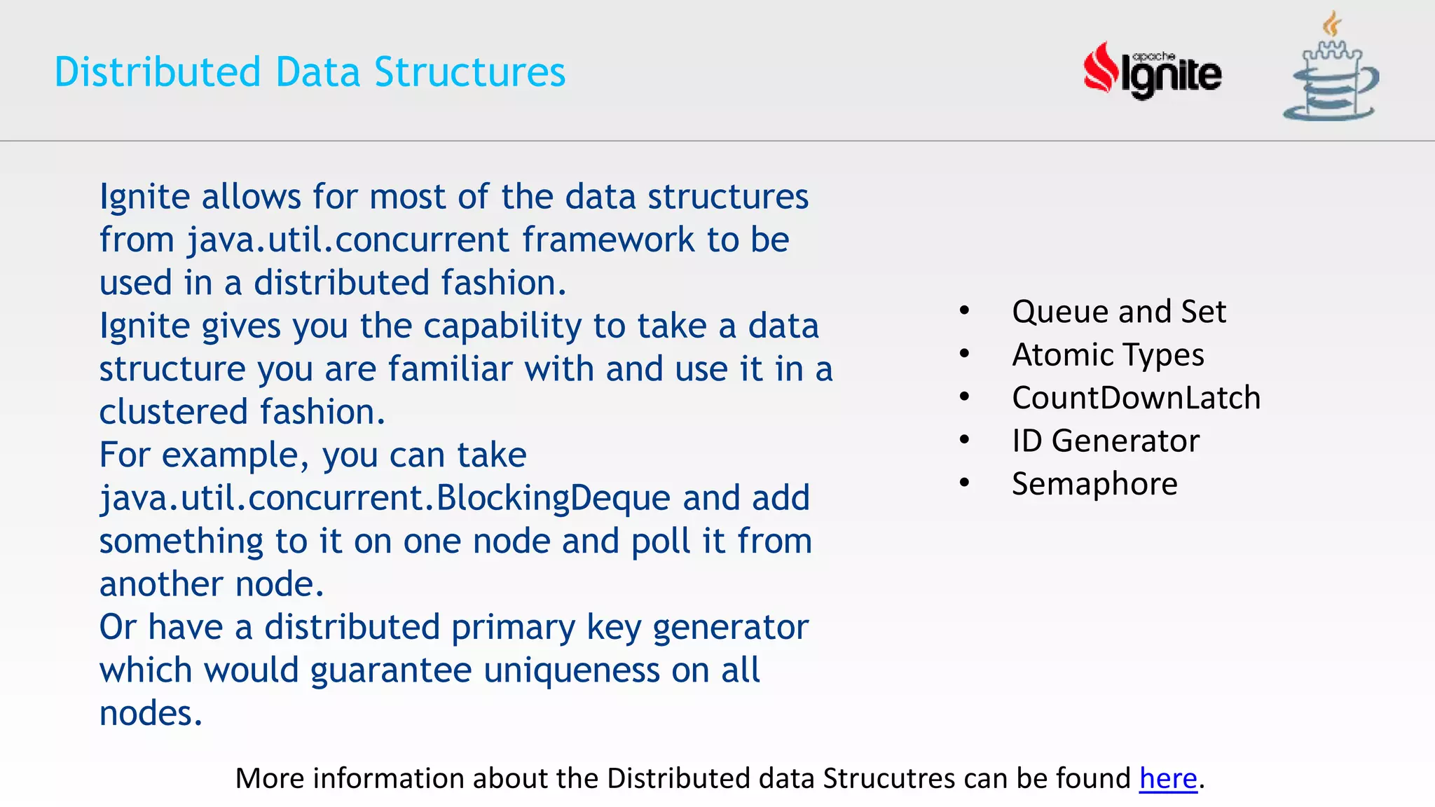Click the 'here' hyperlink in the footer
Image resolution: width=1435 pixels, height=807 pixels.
(1167, 779)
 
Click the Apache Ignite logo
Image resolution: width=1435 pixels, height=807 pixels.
(1153, 71)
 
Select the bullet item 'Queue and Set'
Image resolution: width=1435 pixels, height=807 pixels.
(1118, 312)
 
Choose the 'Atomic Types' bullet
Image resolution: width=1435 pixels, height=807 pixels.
(1107, 355)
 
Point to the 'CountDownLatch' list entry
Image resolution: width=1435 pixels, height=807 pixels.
(1135, 398)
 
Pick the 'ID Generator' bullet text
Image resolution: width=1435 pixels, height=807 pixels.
(1105, 441)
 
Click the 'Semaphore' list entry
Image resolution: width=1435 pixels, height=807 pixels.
(1094, 484)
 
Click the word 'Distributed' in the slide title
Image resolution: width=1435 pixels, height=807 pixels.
(158, 72)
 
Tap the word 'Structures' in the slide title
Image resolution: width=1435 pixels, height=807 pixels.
(469, 72)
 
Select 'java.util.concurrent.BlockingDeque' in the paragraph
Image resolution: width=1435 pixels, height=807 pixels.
(385, 499)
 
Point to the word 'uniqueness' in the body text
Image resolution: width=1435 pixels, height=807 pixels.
(571, 670)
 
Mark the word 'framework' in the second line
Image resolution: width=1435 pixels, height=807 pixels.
(607, 240)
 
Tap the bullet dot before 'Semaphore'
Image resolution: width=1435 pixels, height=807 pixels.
(965, 483)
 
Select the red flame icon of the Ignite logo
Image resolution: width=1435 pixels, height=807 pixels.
(1101, 69)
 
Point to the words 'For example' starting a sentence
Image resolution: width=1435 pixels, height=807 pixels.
(199, 456)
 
